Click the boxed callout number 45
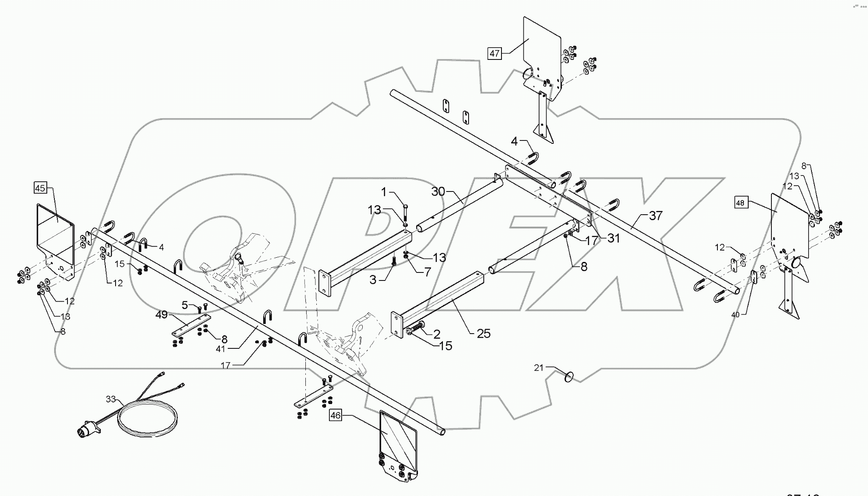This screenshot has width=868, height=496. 40,188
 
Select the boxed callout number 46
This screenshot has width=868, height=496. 335,415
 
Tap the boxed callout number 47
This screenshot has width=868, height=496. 494,54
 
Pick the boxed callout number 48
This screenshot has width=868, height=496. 740,203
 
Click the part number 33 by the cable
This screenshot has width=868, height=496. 111,398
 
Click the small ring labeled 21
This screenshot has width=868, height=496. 569,377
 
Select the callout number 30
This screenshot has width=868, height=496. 438,191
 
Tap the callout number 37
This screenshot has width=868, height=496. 655,216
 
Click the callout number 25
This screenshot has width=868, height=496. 483,334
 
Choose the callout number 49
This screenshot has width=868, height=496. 161,315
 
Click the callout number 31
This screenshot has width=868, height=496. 613,238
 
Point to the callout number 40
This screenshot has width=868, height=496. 735,314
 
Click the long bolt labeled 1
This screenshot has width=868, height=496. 405,215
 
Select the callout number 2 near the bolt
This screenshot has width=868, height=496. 437,334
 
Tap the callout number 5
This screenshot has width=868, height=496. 185,305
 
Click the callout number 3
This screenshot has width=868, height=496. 372,280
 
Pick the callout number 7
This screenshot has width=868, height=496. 427,272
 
